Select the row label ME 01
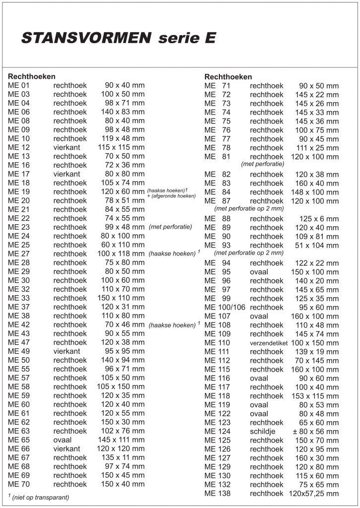click(19, 85)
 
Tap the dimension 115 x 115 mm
click(121, 147)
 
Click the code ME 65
click(19, 440)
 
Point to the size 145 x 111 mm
click(121, 440)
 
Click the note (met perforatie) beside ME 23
click(170, 227)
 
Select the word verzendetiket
click(268, 343)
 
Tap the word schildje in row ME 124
click(263, 432)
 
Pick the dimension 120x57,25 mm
click(314, 494)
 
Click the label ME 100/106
click(224, 308)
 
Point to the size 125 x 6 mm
click(319, 219)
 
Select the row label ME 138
click(217, 494)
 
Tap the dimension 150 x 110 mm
click(121, 298)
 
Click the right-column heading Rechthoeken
click(228, 77)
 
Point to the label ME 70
click(19, 484)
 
